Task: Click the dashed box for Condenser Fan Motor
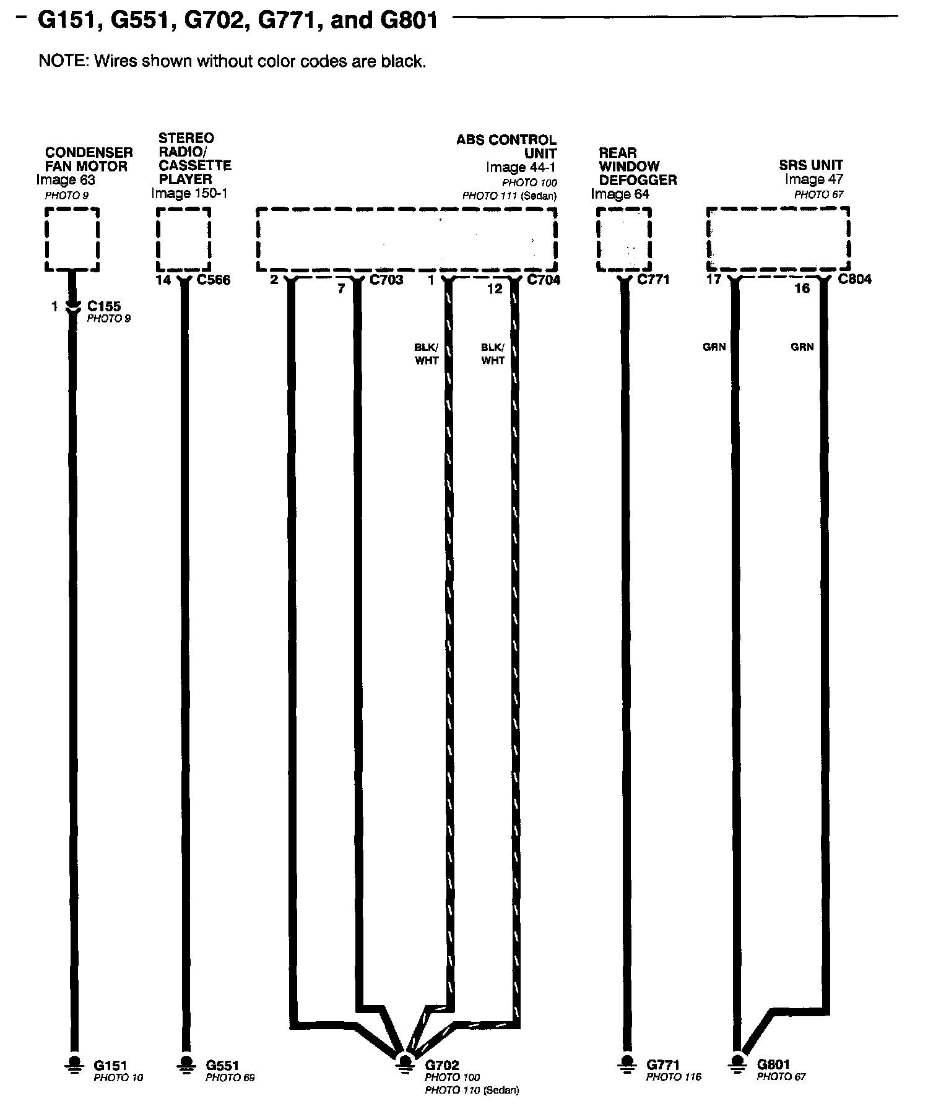(x=72, y=239)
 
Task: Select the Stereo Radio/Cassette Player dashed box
(x=183, y=239)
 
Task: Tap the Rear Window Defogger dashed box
(x=623, y=239)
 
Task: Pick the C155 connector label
(x=104, y=306)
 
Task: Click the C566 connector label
(x=213, y=280)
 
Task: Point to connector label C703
(x=386, y=280)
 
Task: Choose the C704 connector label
(x=544, y=280)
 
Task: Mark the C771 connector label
(x=653, y=280)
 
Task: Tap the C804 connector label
(x=854, y=279)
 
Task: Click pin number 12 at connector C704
(x=494, y=288)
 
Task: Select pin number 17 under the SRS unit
(x=714, y=280)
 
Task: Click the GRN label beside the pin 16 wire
(x=802, y=347)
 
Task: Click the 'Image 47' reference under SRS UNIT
(x=813, y=179)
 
